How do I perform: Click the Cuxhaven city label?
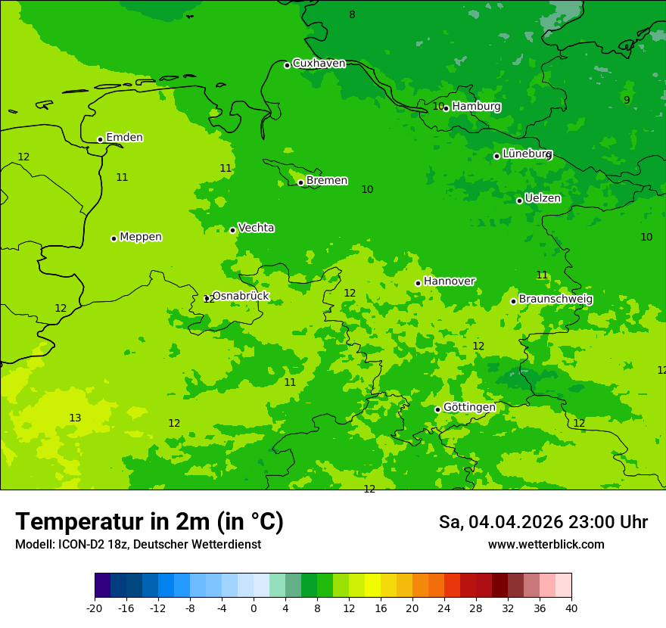319,64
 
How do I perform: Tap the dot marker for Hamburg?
446,108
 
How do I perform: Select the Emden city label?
124,138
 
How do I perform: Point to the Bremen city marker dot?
300,182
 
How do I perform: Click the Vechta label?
256,228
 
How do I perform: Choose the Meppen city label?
141,237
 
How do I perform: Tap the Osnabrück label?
240,296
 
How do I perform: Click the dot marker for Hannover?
418,283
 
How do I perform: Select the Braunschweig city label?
556,300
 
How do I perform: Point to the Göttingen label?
469,407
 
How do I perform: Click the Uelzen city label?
543,198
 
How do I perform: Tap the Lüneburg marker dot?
496,156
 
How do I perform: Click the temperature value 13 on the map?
75,418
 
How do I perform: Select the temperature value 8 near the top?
352,15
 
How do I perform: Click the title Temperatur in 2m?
149,522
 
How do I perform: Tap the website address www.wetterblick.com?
546,545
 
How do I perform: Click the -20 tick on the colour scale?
95,608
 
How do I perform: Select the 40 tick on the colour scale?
571,608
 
